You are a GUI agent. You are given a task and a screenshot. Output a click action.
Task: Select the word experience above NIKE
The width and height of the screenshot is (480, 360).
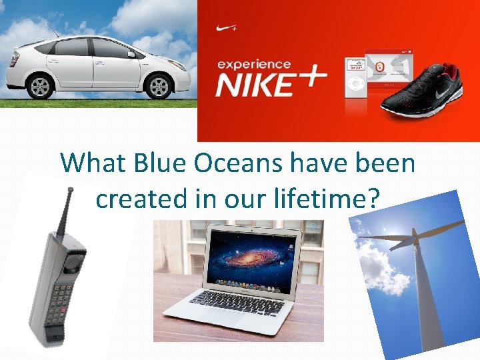click(253, 65)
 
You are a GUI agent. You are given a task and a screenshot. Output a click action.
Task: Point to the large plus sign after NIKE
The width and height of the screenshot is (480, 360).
click(309, 78)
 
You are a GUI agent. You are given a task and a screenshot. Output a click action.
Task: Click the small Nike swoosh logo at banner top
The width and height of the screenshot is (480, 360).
click(227, 29)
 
